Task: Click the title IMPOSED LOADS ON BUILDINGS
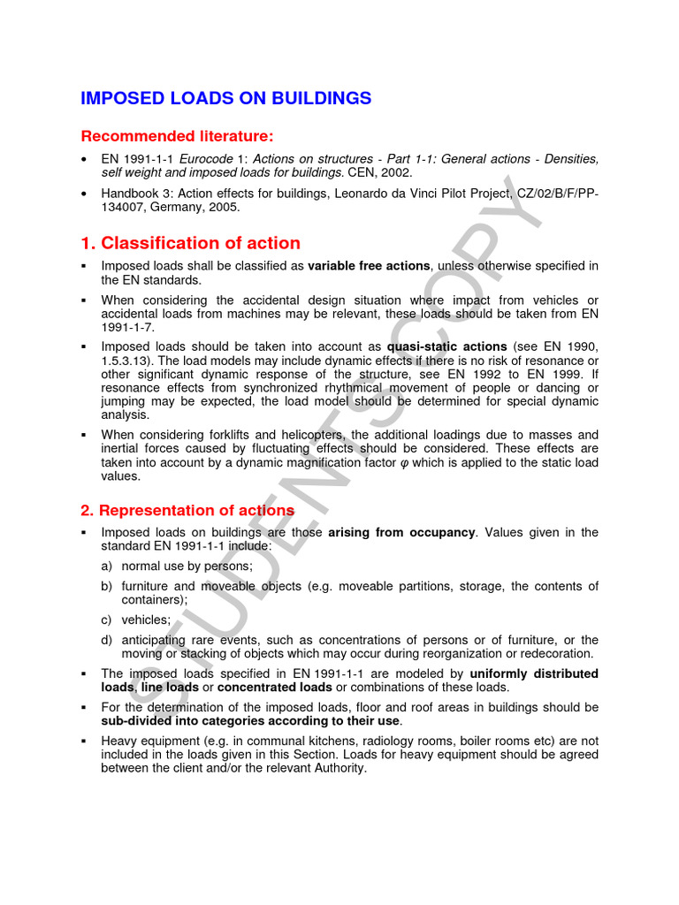click(x=226, y=98)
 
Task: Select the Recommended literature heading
click(x=178, y=136)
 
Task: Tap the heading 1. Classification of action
click(x=190, y=243)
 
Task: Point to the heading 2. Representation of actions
click(x=187, y=511)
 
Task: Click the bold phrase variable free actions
click(x=369, y=266)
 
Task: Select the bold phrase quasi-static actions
click(x=446, y=346)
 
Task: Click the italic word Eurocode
click(x=197, y=159)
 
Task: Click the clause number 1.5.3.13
click(x=130, y=361)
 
